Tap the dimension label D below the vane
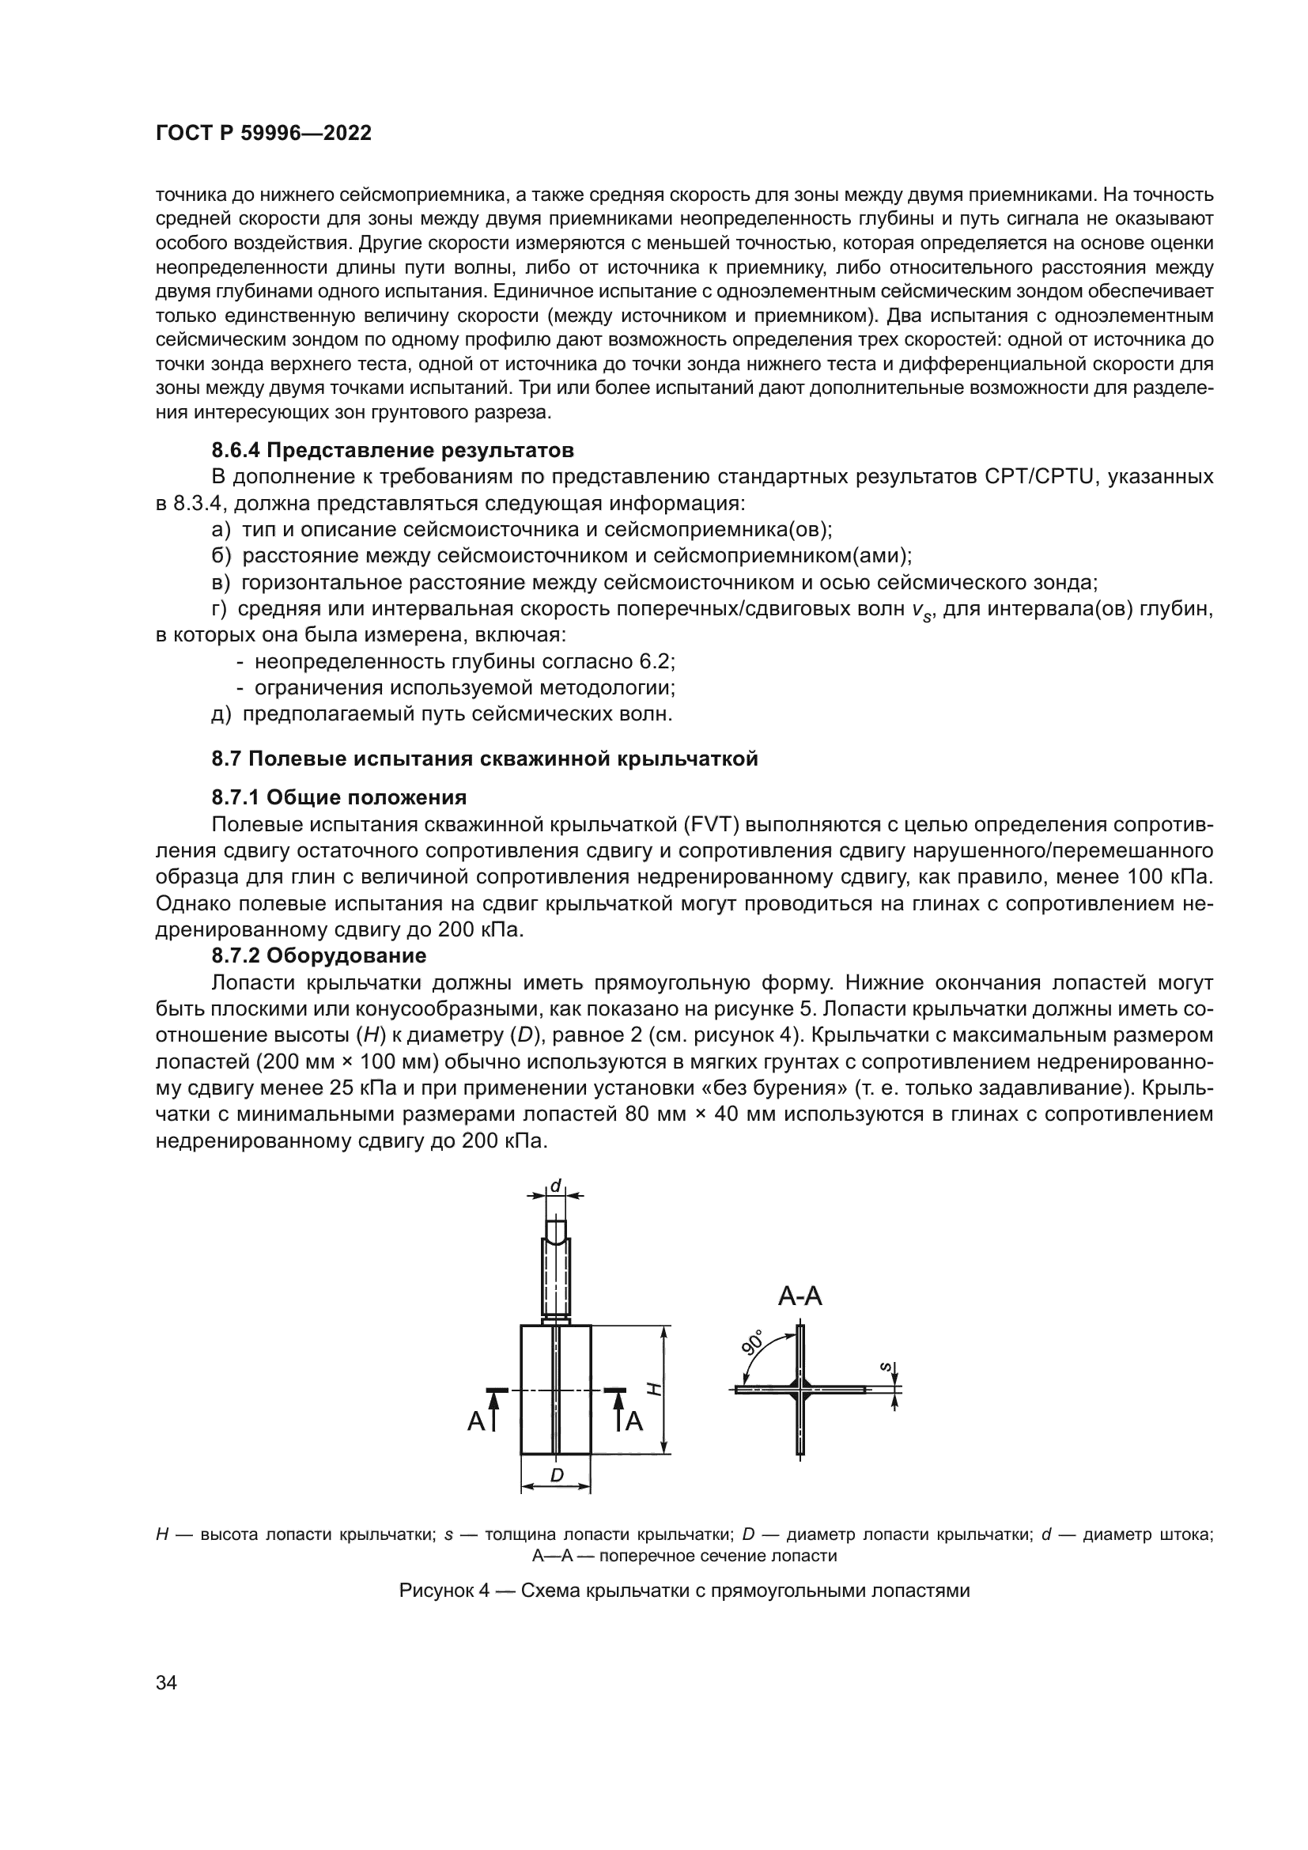point(557,1475)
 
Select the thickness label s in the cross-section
point(885,1367)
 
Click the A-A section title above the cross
point(800,1296)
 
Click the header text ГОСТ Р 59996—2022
point(263,134)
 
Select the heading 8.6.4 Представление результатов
point(392,449)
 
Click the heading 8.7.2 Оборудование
point(319,955)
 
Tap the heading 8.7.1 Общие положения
point(339,798)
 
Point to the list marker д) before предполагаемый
point(221,714)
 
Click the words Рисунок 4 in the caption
point(444,1591)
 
